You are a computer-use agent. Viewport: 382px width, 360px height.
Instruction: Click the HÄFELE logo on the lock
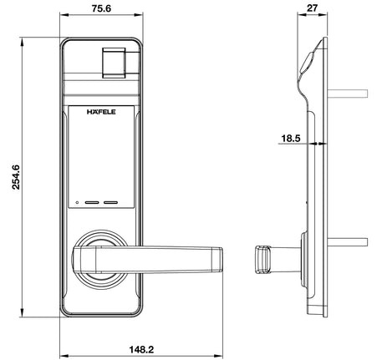point(102,109)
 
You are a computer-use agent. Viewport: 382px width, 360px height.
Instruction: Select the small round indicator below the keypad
point(75,203)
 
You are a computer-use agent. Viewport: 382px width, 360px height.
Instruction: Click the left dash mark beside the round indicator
point(90,203)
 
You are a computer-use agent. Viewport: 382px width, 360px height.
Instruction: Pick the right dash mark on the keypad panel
point(111,203)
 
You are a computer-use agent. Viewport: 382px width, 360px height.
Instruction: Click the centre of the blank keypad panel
point(101,159)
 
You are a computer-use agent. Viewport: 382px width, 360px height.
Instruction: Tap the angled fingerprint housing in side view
point(307,63)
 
